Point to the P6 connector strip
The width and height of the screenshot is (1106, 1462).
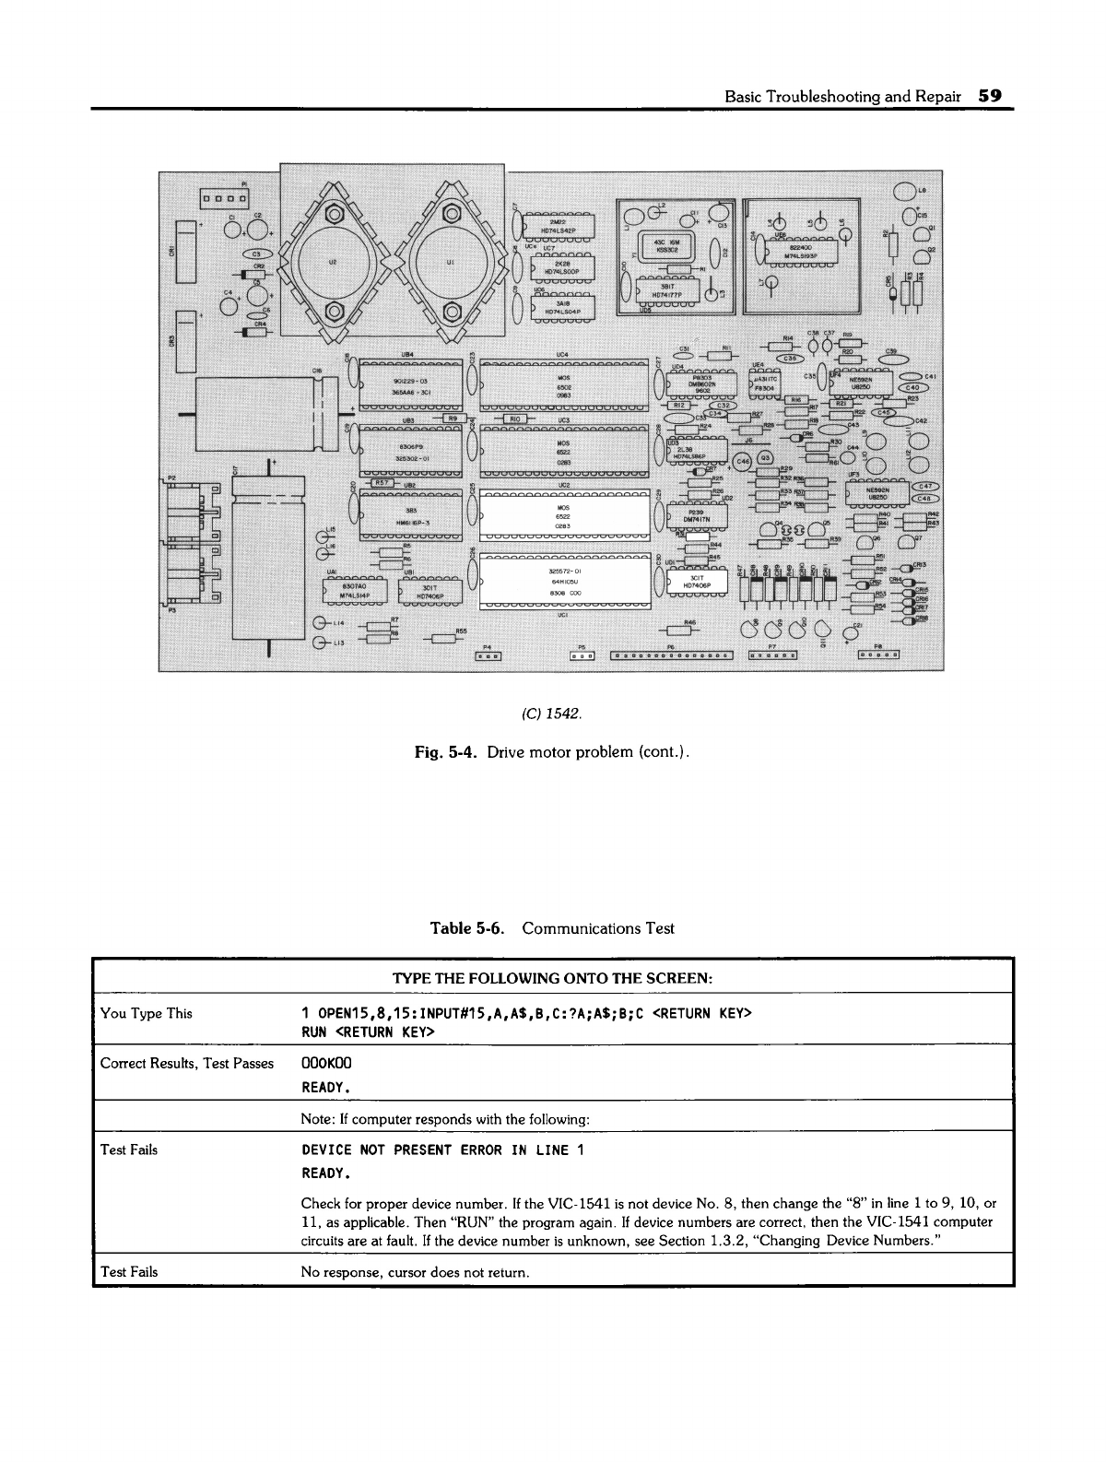tap(670, 655)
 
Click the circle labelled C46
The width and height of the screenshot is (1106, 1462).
tap(742, 462)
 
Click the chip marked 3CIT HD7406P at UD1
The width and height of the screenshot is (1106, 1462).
tap(698, 581)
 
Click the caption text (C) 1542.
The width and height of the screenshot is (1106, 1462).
tap(552, 713)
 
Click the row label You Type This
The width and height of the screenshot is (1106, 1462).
tap(146, 1014)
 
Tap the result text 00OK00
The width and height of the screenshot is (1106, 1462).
tap(327, 1063)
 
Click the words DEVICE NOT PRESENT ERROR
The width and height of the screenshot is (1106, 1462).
tap(403, 1150)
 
